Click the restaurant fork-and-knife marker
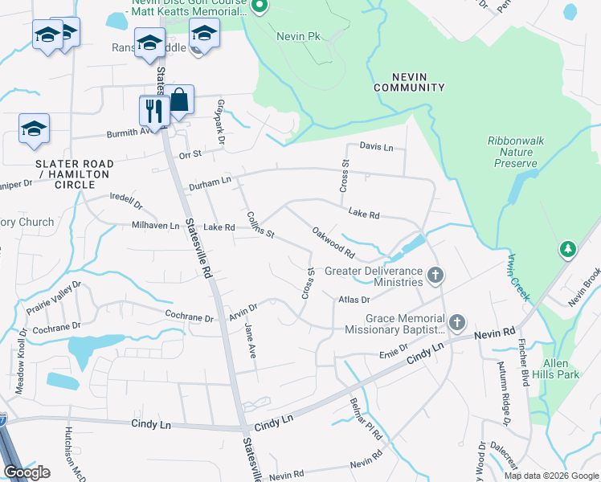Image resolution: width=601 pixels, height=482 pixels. [152, 111]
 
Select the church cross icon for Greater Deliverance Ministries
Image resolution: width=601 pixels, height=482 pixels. [435, 276]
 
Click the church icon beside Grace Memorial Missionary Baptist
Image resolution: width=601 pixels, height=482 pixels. [457, 323]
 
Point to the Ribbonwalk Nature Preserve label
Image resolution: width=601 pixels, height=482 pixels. [516, 152]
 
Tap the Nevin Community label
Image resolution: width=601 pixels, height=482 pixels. [410, 81]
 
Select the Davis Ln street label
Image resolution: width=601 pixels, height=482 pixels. [376, 147]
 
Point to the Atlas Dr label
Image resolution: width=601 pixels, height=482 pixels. [354, 300]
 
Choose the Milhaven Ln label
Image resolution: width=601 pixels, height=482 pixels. [156, 227]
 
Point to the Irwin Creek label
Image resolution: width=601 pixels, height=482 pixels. [518, 277]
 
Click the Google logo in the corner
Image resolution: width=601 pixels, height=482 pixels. [27, 472]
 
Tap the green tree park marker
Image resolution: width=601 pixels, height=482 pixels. [568, 249]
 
